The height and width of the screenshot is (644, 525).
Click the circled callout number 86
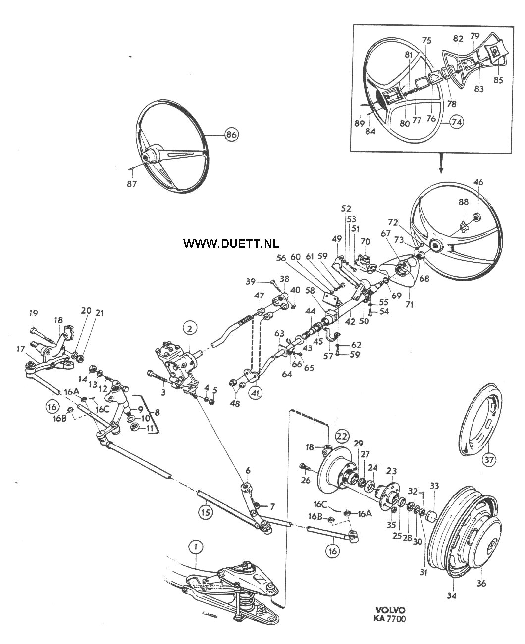[232, 134]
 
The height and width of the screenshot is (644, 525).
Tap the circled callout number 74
[457, 122]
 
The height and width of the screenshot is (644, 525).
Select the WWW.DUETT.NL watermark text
[231, 244]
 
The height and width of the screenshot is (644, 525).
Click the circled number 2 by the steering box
[190, 329]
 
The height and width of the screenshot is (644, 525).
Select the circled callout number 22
[342, 436]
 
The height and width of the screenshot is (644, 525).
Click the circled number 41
[255, 393]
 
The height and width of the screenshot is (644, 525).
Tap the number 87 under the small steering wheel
[132, 184]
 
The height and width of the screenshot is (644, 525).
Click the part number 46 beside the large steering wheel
[478, 182]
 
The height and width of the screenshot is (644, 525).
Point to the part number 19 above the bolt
[33, 313]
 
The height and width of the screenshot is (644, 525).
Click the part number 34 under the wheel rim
[452, 595]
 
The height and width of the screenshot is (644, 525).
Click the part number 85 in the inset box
[498, 80]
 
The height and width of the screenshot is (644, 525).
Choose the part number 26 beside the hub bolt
[306, 480]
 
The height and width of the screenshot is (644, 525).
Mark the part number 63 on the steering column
[279, 334]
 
